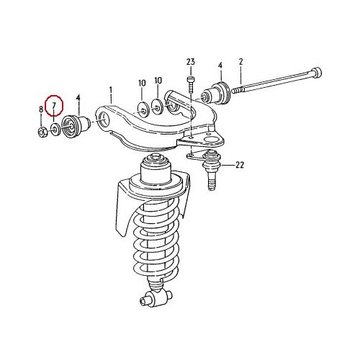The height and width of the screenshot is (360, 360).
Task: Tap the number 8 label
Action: pos(41,110)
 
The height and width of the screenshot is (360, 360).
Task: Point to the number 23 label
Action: pos(191,61)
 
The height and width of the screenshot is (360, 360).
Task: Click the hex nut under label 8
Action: pos(42,131)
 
